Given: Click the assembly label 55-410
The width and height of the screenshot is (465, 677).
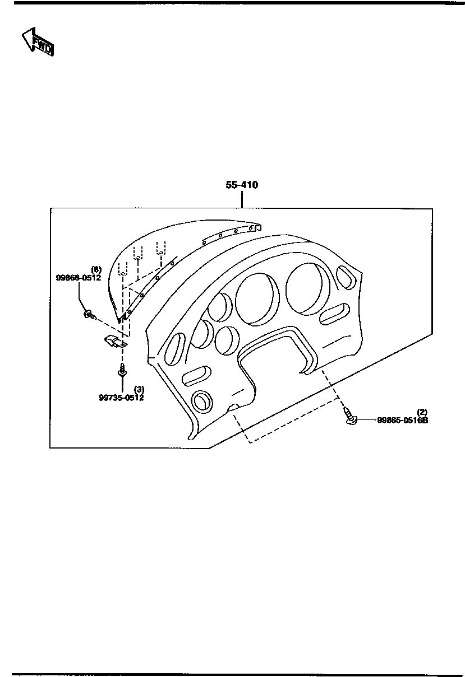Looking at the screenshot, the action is (242, 185).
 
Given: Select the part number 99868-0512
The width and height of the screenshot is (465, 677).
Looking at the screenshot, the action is (79, 277).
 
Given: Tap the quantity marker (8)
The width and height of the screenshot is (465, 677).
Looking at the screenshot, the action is (96, 269).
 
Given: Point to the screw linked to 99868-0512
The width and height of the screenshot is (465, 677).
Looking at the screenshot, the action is (90, 315).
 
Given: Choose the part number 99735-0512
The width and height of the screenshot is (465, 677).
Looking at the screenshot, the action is (121, 398).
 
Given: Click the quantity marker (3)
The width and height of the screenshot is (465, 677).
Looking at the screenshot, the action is (139, 390).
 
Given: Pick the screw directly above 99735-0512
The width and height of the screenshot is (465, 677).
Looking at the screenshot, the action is (122, 370).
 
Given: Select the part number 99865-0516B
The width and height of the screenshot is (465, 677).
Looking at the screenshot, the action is (403, 420).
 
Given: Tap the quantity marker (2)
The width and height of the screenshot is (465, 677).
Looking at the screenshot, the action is (422, 412).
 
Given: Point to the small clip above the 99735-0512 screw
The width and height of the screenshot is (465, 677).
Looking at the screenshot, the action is (116, 341).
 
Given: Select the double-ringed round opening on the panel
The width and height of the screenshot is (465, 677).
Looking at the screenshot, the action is (202, 401).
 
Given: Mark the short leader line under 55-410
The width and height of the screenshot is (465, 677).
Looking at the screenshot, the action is (242, 199).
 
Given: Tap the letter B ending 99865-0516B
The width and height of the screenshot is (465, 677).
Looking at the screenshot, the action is (425, 420).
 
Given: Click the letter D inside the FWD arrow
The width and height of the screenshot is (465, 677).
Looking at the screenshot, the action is (48, 49).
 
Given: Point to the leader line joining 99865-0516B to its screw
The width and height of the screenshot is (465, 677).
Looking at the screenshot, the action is (367, 420).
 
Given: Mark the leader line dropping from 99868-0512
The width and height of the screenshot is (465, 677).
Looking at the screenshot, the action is (79, 296).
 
